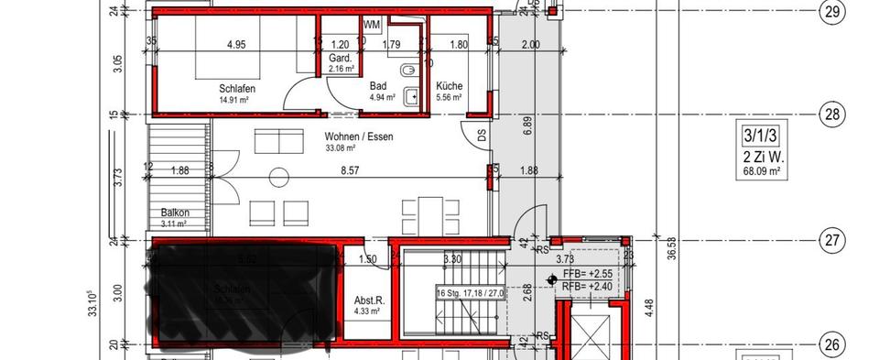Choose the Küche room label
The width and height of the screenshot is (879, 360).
pos(449,84)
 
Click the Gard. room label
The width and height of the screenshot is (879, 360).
pos(341,58)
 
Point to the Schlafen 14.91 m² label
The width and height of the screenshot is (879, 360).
pos(236,93)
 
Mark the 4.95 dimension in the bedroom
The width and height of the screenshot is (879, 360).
pos(237,44)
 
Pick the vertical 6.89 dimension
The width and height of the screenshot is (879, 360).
pos(526,125)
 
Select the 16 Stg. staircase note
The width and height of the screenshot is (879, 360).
pos(471,293)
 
